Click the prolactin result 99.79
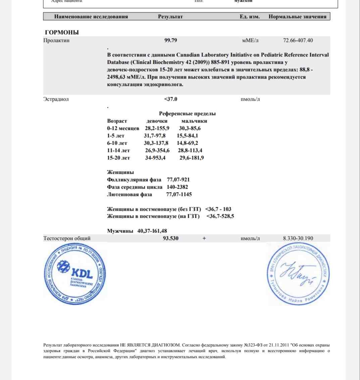coord(170,41)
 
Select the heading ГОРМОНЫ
coord(62,33)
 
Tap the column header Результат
coord(170,17)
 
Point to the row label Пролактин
coord(56,41)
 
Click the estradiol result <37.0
coord(170,99)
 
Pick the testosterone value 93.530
coord(170,238)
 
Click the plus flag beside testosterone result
coord(204,238)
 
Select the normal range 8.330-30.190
coord(298,238)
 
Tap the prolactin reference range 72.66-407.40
coord(298,41)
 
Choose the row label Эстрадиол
coord(56,99)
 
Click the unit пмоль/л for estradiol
coord(250,99)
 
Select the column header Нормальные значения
coord(297,17)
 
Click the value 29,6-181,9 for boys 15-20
coord(192,158)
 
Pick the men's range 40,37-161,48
coord(152,231)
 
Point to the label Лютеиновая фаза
coord(130,195)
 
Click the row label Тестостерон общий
coord(67,238)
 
